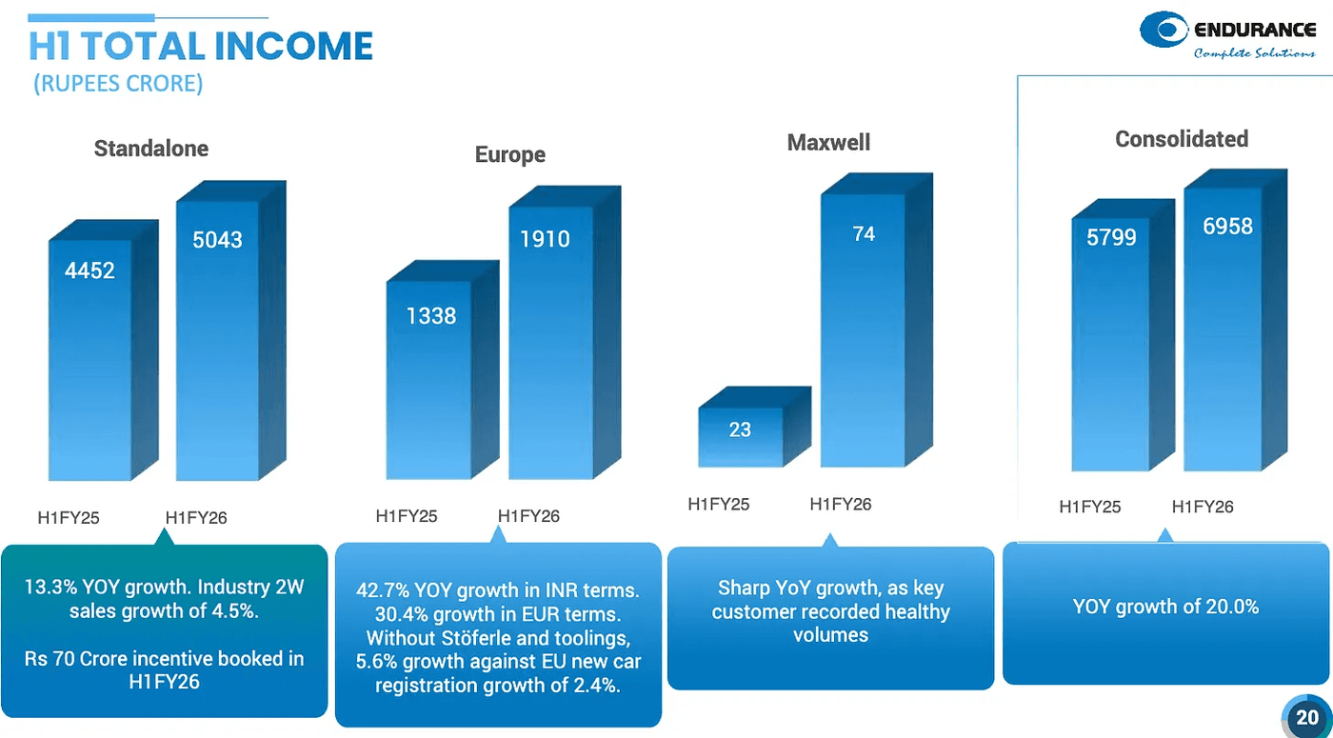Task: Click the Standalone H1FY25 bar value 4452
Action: pos(90,271)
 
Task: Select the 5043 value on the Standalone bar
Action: pos(217,240)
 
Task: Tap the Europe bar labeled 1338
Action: pos(431,316)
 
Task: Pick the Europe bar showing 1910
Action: pos(545,239)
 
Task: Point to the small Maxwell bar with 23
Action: pos(740,429)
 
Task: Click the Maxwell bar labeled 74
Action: pos(863,234)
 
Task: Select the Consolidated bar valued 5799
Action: pos(1111,237)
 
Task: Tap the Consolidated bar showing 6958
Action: pos(1227,227)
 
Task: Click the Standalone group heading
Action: pos(150,149)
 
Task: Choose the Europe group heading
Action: pos(510,155)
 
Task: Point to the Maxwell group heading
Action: pos(828,143)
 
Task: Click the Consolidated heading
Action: pos(1181,139)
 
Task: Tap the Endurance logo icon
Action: pos(1164,30)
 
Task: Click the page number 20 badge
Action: pos(1306,717)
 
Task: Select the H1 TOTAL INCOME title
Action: pos(200,47)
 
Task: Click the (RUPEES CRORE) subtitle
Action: pos(118,84)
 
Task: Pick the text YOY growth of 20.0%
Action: pos(1165,607)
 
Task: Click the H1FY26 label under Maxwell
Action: pos(840,505)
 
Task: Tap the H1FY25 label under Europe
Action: pos(407,516)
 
